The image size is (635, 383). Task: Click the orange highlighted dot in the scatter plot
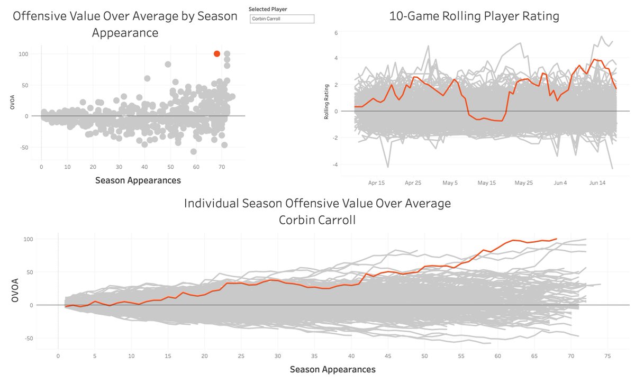tap(217, 53)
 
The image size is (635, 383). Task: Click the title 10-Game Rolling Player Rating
tap(474, 16)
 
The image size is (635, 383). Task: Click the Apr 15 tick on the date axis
tap(376, 183)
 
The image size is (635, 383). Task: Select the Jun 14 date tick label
tap(597, 183)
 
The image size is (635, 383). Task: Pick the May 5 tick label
tap(450, 183)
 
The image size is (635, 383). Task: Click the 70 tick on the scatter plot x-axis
tap(222, 167)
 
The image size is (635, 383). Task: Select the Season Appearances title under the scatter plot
tap(138, 180)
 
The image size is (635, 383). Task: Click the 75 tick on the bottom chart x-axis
tap(607, 357)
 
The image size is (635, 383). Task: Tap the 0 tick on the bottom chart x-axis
tap(58, 357)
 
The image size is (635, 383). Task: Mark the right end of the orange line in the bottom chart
tap(557, 239)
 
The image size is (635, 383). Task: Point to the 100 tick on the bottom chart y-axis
tap(43, 239)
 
